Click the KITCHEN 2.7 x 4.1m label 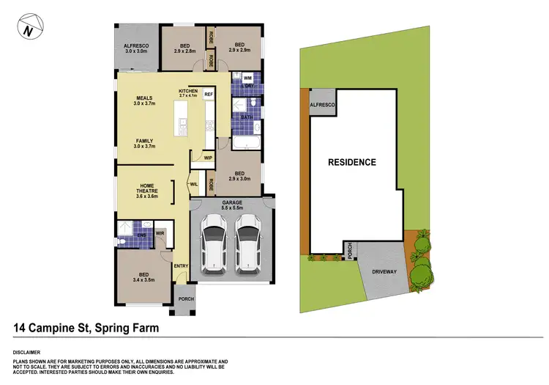click(188, 92)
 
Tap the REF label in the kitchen click(209, 95)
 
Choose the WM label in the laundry click(247, 77)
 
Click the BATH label click(247, 116)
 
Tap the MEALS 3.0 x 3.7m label click(144, 100)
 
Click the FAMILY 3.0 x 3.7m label click(144, 143)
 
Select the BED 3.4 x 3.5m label click(143, 276)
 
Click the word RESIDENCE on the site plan click(351, 162)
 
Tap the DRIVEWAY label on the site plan click(384, 271)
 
